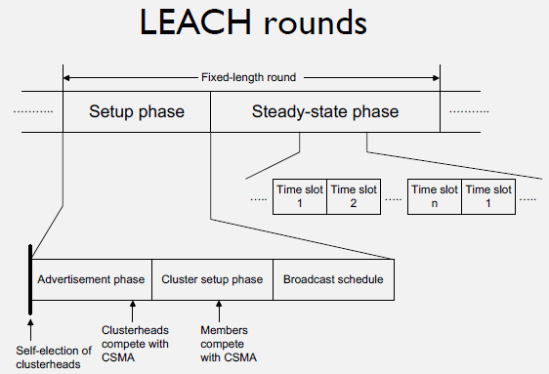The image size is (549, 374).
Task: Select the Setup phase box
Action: click(x=136, y=111)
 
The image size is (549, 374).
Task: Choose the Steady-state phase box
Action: click(x=324, y=111)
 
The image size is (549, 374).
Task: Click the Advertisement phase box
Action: click(x=91, y=279)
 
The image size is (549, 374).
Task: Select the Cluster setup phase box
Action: click(x=211, y=279)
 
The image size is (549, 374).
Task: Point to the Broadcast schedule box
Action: click(x=332, y=279)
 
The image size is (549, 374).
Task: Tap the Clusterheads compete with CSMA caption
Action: click(x=136, y=343)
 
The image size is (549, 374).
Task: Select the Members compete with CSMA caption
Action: click(x=226, y=343)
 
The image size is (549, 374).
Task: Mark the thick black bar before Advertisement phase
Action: click(x=30, y=281)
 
